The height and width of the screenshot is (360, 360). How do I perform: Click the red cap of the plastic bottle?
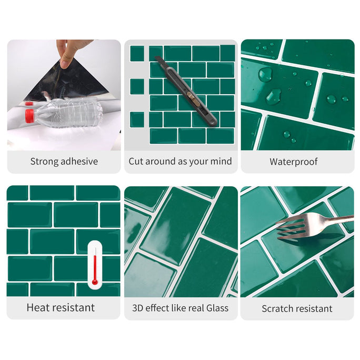[x=29, y=116]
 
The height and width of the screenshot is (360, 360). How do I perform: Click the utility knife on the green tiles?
[x=185, y=91]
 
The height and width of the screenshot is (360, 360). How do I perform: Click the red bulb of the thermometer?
[x=95, y=282]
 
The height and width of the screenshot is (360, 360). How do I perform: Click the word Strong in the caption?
[x=44, y=162]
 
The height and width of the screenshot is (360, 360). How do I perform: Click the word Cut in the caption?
[x=136, y=161]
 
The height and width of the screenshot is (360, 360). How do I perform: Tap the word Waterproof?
[x=294, y=162]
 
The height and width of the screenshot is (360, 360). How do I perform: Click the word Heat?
[x=39, y=307]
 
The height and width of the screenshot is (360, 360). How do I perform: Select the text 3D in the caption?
[x=137, y=308]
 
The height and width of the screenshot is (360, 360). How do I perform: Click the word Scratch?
[x=276, y=308]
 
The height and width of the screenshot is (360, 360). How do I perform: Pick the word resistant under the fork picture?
[x=313, y=308]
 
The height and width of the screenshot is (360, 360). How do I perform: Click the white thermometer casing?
[x=95, y=265]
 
